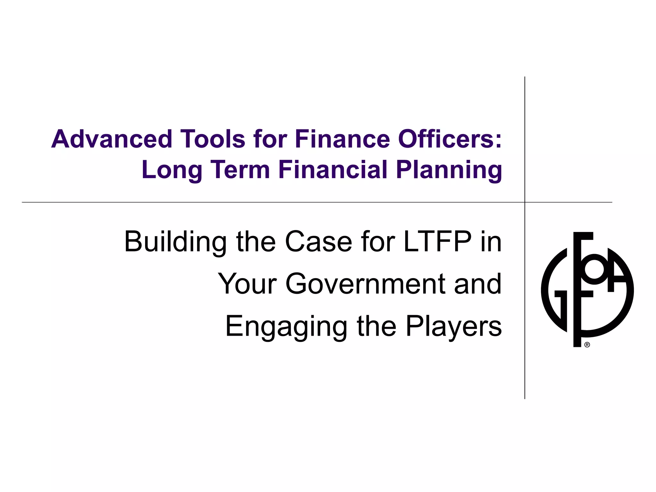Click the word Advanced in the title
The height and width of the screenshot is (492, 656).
(112, 139)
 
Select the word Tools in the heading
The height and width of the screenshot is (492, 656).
(213, 139)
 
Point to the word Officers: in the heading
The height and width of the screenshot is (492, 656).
(450, 139)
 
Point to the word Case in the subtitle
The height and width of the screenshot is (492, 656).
(318, 242)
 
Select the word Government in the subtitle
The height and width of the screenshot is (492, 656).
(365, 284)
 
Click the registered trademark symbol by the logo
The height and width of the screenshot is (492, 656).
(587, 345)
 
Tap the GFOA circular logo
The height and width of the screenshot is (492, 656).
(587, 290)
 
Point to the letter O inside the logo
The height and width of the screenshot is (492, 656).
(594, 269)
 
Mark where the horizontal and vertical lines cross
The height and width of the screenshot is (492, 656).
(525, 202)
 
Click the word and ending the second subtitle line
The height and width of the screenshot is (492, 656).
(478, 284)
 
